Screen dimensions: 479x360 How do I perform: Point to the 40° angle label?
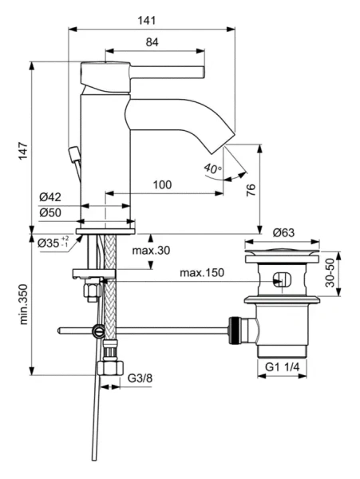212,168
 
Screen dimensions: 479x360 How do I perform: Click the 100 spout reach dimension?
162,185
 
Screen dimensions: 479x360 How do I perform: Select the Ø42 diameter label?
50,198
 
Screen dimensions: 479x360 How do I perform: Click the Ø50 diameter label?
50,212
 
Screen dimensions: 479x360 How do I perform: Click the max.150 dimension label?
201,273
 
